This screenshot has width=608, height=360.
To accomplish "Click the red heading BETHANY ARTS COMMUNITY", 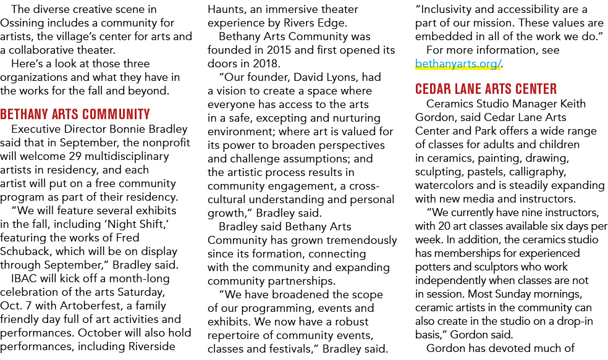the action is tap(75, 114).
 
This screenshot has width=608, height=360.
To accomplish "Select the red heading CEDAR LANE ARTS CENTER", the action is tap(486, 89).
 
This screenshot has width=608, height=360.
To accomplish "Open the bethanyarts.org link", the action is tap(458, 64).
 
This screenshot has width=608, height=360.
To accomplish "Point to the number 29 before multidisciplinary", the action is tap(75, 156).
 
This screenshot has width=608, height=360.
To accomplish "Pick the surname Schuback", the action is tap(25, 251).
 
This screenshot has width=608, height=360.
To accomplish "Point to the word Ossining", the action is tap(22, 23).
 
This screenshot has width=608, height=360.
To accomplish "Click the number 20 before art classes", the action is tap(444, 226).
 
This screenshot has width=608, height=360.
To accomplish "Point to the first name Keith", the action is tap(573, 104).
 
